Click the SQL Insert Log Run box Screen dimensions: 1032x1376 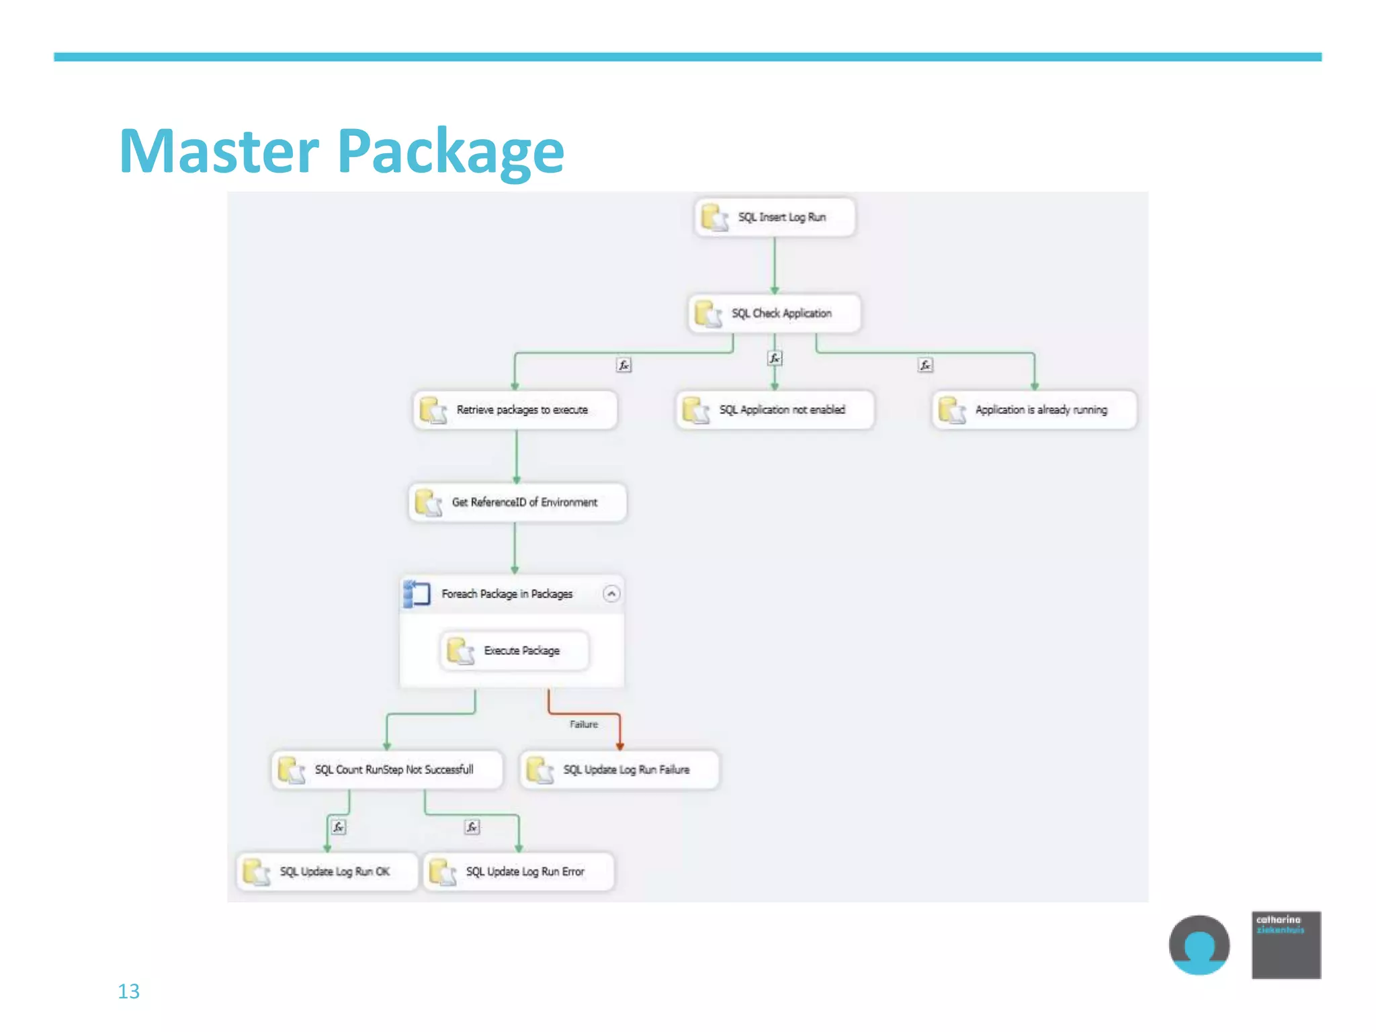click(x=775, y=217)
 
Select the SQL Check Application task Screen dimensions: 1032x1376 click(x=775, y=313)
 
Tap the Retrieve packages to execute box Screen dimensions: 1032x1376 click(x=515, y=410)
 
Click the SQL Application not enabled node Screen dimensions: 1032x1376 click(x=775, y=410)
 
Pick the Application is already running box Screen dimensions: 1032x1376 click(x=1035, y=410)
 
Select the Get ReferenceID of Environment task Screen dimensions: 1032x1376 click(x=517, y=503)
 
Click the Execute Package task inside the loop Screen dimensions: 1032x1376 click(x=515, y=650)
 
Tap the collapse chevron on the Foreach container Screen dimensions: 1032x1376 click(x=611, y=594)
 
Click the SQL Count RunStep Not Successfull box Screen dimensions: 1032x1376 click(x=387, y=769)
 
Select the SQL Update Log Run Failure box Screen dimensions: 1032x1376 click(x=619, y=769)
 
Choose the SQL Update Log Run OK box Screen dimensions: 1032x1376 click(x=327, y=871)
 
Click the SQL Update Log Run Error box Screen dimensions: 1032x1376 click(x=519, y=871)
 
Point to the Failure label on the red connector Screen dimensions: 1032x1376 click(x=583, y=724)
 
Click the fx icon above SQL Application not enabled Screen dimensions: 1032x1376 click(x=775, y=359)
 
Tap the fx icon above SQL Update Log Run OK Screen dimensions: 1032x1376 click(x=339, y=827)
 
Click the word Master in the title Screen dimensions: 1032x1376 click(x=218, y=152)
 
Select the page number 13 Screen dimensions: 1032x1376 click(x=128, y=991)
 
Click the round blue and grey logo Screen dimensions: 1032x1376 click(x=1199, y=945)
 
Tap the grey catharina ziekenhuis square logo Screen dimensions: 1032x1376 click(x=1286, y=945)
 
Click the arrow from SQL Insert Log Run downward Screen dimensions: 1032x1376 click(x=775, y=265)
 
